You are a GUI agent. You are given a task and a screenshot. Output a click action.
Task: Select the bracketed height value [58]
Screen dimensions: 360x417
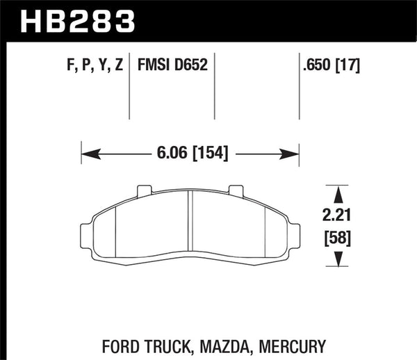point(337,239)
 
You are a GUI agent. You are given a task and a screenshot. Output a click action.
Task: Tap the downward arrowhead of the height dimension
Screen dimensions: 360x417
point(337,261)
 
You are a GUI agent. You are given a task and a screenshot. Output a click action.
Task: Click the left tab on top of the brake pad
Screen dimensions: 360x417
point(145,189)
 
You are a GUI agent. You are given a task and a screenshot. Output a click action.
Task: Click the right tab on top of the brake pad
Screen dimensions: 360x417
point(236,189)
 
